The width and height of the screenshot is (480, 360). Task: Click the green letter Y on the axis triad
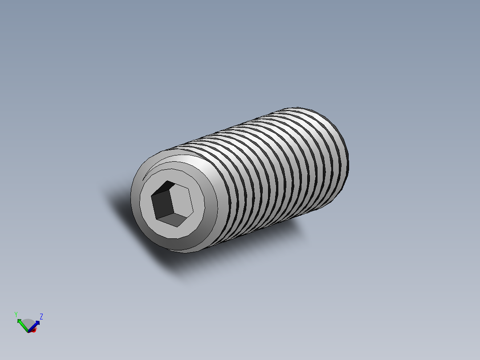pos(16,314)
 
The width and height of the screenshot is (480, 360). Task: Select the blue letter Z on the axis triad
pos(41,316)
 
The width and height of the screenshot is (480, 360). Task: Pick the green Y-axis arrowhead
pos(19,321)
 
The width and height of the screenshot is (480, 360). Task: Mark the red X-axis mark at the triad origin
pos(33,330)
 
